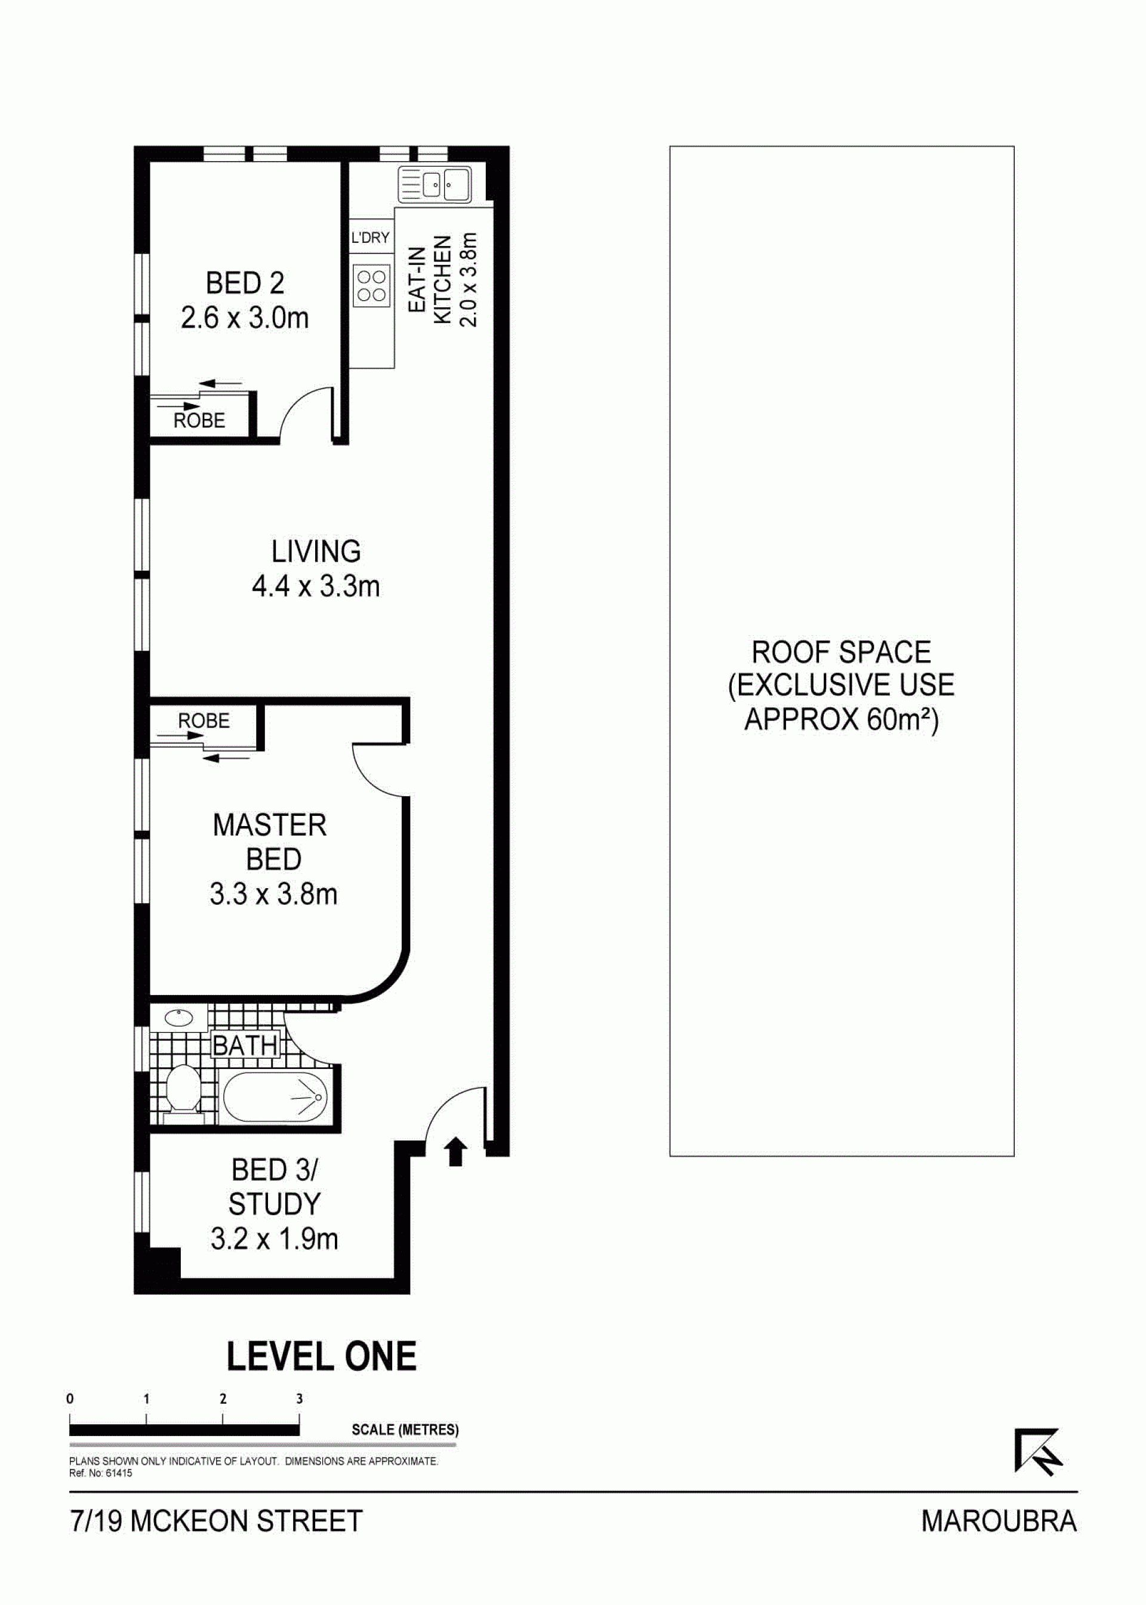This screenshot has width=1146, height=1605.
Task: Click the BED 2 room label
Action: coord(245,284)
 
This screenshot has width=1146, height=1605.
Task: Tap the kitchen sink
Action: coord(435,186)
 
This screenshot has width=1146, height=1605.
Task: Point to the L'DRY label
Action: coord(371,238)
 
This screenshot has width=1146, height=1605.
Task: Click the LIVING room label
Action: coord(316,551)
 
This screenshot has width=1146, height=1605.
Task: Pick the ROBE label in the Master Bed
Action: coord(204,721)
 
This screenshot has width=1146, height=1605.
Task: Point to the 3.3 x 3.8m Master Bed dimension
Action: coord(273,895)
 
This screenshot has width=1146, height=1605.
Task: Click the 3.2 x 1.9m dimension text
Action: coord(274,1239)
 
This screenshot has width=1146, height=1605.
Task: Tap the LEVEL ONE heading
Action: coord(322,1356)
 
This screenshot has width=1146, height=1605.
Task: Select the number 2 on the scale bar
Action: coord(223,1399)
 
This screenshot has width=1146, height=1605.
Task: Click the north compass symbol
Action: coord(1037,1450)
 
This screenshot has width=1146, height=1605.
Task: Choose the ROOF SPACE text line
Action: coord(841,652)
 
